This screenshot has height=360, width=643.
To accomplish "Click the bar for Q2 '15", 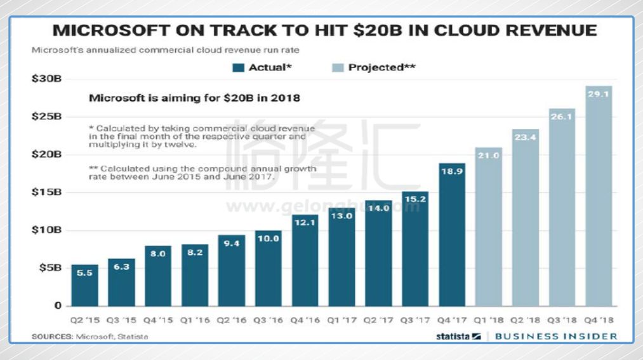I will coord(84,285).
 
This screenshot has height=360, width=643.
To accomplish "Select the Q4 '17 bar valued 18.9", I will coord(452,235).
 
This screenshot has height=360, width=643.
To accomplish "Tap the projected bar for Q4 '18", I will coord(599,197).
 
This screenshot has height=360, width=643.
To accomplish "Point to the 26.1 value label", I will coord(562,117).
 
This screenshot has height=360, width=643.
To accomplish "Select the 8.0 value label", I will coord(157,253).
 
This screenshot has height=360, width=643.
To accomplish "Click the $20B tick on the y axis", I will coord(47,154).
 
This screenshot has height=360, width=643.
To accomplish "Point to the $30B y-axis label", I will coord(47,79).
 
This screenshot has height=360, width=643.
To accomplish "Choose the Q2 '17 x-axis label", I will coord(378,321).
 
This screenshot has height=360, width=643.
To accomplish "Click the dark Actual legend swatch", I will coord(239,67).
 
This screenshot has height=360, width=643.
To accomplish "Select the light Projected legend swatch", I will coord(338,67).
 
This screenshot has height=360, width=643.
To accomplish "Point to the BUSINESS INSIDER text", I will coord(555,336).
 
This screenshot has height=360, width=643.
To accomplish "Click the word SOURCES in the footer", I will coord(52,336).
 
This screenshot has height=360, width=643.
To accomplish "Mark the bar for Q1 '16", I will coord(194,275).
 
